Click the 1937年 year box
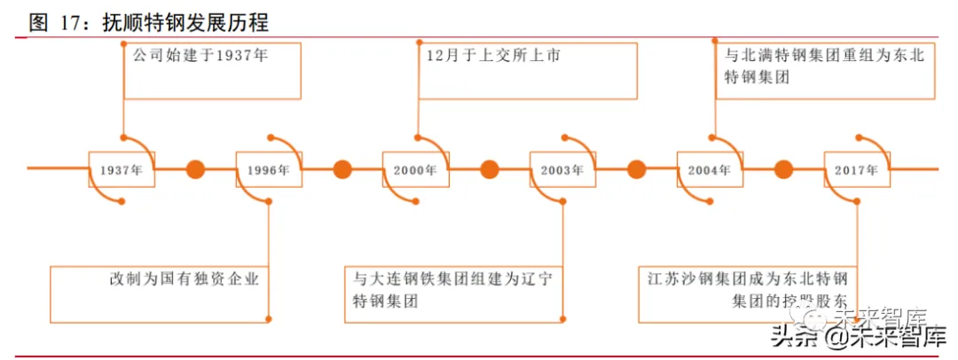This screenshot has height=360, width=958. [x=122, y=168]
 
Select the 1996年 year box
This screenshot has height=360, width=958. [x=269, y=168]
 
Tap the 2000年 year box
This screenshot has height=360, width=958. [x=416, y=168]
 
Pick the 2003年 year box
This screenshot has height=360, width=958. [x=563, y=168]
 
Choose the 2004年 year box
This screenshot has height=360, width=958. [x=711, y=168]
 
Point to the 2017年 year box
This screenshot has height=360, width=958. [x=857, y=168]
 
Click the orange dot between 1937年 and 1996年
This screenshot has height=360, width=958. [x=195, y=168]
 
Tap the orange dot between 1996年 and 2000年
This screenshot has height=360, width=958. [x=342, y=168]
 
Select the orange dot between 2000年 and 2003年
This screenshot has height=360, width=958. [x=490, y=168]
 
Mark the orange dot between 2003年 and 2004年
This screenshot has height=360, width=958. [x=636, y=168]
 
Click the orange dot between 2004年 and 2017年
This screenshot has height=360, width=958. [x=783, y=168]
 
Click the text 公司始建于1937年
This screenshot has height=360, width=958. [x=200, y=56]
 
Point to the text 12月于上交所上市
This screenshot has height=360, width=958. [x=493, y=56]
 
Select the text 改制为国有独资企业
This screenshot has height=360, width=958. [x=185, y=279]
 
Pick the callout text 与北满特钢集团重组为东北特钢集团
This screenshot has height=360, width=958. [x=824, y=67]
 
